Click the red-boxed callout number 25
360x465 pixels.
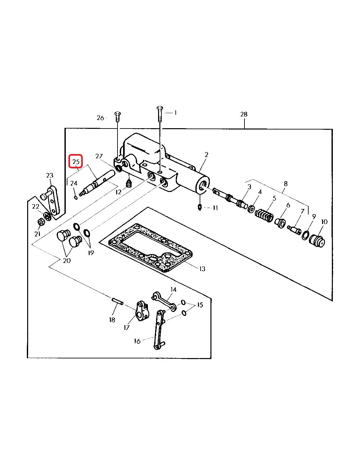point(76,162)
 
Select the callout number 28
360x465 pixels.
point(244,114)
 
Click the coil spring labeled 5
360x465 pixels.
point(264,216)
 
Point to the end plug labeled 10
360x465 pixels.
point(317,241)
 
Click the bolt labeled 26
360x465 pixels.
point(118,117)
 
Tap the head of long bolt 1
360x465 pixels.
point(160,108)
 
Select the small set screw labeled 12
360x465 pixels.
point(128,183)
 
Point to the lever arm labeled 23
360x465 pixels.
point(51,200)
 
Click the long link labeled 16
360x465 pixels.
point(159,330)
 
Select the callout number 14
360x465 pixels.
point(173,289)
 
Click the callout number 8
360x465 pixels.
point(285,184)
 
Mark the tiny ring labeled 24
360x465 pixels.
point(76,198)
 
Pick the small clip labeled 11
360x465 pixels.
point(200,207)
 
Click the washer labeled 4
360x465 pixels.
point(251,209)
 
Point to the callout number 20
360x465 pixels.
point(67,260)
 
